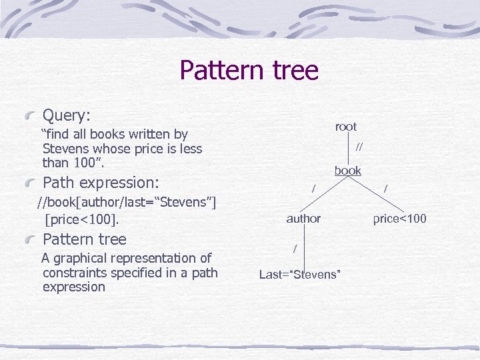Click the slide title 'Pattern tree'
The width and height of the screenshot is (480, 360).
249,70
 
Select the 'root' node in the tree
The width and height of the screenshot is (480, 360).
346,127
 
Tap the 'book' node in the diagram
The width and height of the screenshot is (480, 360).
347,171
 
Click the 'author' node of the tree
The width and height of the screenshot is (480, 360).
303,218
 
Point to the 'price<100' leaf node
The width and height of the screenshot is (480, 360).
400,218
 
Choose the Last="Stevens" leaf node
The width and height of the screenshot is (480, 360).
300,274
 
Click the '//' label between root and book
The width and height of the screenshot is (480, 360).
360,147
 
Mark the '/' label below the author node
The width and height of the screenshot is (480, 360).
295,248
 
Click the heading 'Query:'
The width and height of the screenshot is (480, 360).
67,115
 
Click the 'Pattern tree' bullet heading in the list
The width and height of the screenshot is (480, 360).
84,239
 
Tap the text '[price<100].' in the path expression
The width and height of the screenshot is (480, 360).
81,218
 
